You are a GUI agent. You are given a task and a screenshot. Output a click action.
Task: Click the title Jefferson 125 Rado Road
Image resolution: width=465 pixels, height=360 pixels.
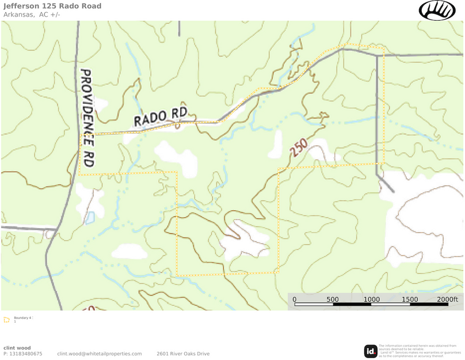pyautogui.click(x=52, y=6)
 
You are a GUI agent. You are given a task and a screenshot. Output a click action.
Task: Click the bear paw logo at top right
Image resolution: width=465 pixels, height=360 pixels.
pyautogui.click(x=437, y=10)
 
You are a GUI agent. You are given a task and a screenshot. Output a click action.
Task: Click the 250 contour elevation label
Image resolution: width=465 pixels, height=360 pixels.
pyautogui.click(x=299, y=147)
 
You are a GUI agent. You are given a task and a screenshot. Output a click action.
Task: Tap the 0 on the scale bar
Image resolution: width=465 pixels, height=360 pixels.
pyautogui.click(x=294, y=300)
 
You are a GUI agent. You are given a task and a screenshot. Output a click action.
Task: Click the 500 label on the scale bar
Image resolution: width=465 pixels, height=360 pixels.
pyautogui.click(x=333, y=300)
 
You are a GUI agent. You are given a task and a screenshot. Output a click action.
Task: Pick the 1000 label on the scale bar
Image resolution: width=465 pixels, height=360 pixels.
pyautogui.click(x=371, y=300)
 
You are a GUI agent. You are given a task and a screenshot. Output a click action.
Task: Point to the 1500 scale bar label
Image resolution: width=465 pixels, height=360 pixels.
pyautogui.click(x=410, y=300)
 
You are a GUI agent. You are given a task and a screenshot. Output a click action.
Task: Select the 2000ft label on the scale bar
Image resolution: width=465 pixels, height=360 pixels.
pyautogui.click(x=447, y=300)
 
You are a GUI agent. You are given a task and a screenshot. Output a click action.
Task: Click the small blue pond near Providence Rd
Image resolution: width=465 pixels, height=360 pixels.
pyautogui.click(x=89, y=218)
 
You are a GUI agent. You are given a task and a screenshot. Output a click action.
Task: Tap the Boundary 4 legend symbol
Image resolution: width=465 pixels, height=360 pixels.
pyautogui.click(x=6, y=319)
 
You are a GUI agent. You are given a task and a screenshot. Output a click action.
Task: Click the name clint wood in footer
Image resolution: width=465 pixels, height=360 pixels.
pyautogui.click(x=17, y=348)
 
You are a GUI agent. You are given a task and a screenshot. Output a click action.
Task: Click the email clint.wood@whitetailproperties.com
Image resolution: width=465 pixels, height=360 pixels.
pyautogui.click(x=100, y=354)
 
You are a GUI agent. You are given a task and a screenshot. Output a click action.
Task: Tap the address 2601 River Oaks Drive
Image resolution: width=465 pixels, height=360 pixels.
pyautogui.click(x=183, y=354)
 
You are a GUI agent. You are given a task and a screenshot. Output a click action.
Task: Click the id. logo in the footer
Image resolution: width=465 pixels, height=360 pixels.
pyautogui.click(x=371, y=351)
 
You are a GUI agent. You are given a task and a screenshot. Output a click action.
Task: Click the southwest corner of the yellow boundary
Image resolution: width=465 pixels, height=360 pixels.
pyautogui.click(x=177, y=275)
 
